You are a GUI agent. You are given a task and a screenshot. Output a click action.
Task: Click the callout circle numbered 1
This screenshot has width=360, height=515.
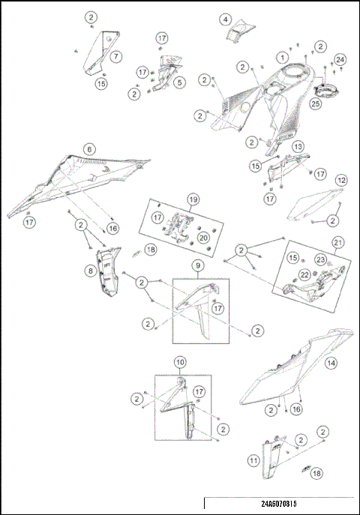tap(283, 57)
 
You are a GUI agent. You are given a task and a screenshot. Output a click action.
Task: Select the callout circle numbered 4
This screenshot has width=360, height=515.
tap(224, 19)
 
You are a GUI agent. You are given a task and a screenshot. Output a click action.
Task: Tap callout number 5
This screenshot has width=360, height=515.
tap(179, 83)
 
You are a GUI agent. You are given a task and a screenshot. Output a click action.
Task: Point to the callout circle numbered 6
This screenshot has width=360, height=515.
tap(89, 149)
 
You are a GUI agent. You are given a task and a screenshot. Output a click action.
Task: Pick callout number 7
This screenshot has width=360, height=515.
tap(116, 56)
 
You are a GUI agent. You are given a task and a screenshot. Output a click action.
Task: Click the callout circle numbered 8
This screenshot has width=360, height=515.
tap(89, 270)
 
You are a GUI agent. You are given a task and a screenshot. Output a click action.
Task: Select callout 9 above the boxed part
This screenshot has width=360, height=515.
tap(198, 265)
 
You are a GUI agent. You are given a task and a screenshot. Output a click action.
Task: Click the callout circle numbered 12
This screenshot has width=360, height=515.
tap(341, 180)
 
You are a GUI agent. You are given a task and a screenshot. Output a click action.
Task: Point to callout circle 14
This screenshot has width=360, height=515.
tap(331, 364)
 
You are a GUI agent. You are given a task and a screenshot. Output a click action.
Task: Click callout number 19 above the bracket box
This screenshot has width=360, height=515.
tap(193, 200)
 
